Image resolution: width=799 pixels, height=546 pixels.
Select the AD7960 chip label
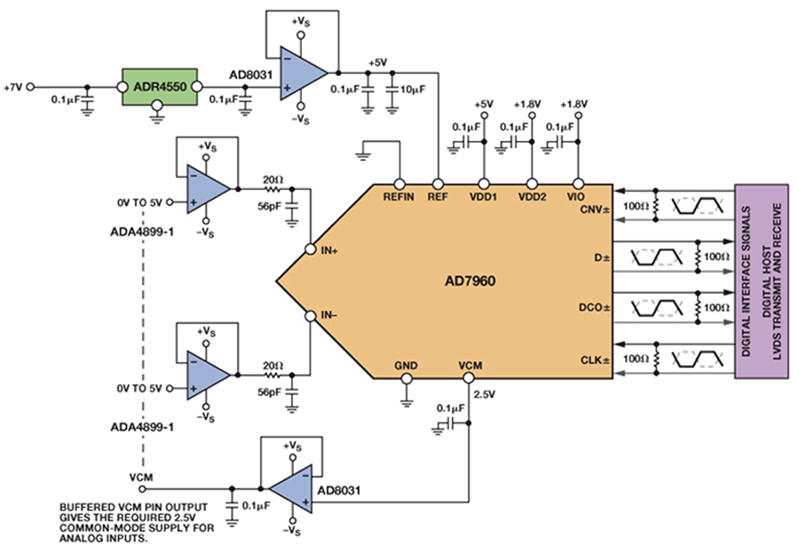point(470,281)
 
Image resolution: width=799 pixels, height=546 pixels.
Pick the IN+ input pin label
point(330,252)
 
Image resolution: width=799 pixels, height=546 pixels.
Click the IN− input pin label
point(330,315)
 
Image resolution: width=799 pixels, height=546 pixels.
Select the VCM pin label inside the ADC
point(470,365)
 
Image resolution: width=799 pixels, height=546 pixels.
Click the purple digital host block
point(762,281)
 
